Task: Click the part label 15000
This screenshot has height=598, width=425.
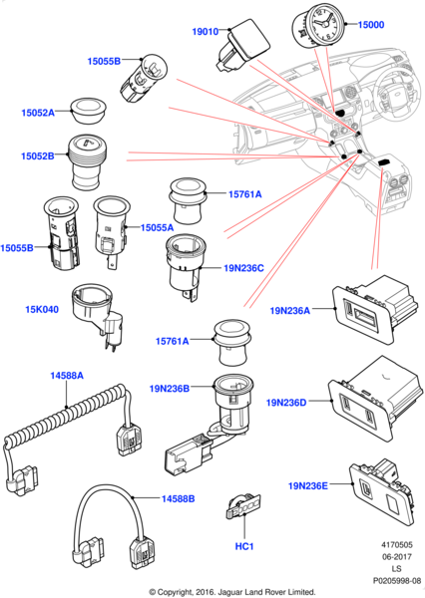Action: (371, 25)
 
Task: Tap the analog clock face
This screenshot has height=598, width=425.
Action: (325, 24)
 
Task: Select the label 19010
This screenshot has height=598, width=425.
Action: (206, 31)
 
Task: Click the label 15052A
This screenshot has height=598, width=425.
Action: (38, 113)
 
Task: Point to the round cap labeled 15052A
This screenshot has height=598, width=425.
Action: (89, 110)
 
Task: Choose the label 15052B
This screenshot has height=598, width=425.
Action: (38, 156)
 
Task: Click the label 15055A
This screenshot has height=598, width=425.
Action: (157, 227)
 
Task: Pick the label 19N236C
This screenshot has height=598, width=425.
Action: (243, 268)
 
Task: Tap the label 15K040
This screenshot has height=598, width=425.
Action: (42, 309)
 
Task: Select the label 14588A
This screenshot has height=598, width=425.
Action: (67, 376)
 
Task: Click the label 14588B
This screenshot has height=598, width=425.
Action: (178, 498)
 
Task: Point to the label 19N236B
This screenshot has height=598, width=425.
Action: (170, 389)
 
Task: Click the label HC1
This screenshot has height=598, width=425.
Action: (244, 546)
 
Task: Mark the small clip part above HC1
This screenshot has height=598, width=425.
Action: (243, 505)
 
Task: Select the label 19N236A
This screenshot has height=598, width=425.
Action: (290, 310)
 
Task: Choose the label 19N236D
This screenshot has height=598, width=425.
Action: (286, 403)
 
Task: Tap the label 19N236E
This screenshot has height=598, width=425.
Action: (307, 486)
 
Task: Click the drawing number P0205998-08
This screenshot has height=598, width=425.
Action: (397, 581)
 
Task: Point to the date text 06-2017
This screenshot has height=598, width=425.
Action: (397, 557)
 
